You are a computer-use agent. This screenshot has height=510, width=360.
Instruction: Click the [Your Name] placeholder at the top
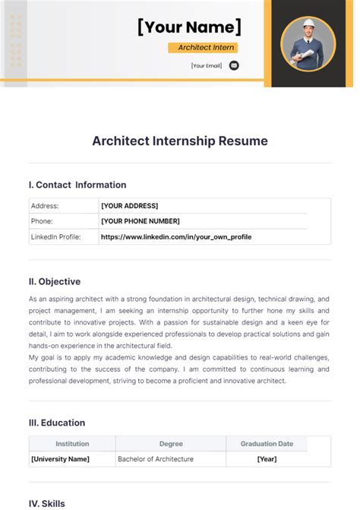coord(189,27)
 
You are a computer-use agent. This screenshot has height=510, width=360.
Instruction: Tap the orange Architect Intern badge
coord(202,47)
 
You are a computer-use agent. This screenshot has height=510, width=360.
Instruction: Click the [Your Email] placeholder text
coord(207,65)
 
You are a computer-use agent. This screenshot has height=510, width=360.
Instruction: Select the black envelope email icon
coord(234,65)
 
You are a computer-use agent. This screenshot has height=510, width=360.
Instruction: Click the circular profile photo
coord(308,43)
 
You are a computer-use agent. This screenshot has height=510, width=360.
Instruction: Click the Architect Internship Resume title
coord(180,141)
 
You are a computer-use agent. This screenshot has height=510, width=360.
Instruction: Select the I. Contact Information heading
coord(77,185)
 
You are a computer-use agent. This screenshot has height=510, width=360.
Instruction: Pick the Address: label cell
coord(45,206)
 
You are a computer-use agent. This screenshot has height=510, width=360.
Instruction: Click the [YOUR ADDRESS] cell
coord(129,206)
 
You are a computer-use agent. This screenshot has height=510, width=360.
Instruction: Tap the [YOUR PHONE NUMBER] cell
coord(140,221)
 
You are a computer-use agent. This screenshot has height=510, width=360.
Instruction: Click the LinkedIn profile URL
coord(176,237)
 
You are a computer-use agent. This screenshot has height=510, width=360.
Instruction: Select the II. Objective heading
coord(55,281)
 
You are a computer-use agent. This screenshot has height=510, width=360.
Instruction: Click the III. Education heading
coord(57,423)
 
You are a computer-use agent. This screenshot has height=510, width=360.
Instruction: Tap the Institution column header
coord(72,444)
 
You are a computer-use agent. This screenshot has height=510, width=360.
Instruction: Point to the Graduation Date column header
coord(267,444)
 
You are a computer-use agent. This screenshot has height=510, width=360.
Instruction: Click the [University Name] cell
coord(60,459)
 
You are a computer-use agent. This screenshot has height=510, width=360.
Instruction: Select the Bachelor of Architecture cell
coord(156,459)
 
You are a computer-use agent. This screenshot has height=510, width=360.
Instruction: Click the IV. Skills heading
coord(47,503)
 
